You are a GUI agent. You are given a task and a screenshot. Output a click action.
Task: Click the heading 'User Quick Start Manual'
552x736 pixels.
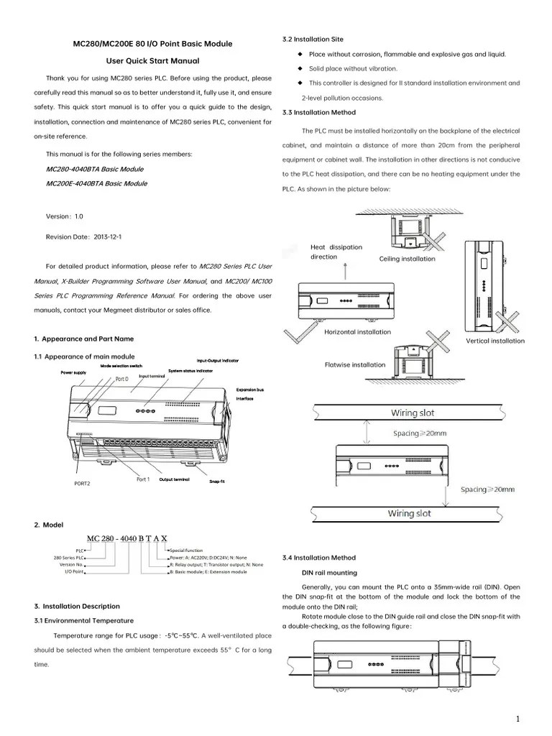152,61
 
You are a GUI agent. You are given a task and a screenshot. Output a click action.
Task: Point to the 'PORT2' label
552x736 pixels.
83,483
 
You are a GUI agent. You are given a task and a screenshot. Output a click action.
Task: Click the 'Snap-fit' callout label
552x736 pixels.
217,481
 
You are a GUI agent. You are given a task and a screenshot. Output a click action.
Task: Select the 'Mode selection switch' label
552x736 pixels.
121,366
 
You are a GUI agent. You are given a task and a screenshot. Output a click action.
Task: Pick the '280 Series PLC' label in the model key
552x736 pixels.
68,558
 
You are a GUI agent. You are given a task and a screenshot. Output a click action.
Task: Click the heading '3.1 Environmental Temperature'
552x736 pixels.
83,620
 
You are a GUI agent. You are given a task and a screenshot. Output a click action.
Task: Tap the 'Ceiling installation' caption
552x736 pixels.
407,259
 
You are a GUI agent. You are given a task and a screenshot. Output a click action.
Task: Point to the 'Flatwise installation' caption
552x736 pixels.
355,364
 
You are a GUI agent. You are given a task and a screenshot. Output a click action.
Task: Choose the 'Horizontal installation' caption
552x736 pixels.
357,332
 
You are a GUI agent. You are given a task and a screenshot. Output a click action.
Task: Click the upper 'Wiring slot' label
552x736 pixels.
413,413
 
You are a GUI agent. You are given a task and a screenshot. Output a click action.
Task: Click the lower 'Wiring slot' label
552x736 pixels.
410,514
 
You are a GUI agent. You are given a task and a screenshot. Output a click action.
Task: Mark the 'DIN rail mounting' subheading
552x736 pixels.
329,573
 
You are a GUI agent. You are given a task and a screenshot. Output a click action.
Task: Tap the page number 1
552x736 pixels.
517,719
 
